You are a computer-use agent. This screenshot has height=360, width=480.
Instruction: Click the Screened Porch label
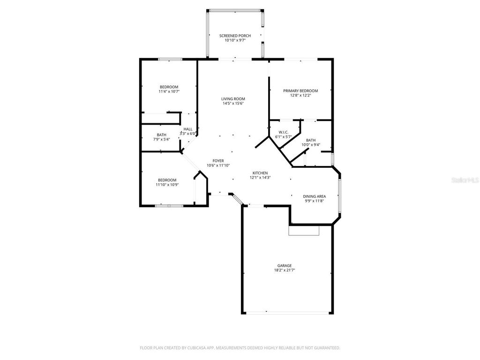pyautogui.click(x=235, y=36)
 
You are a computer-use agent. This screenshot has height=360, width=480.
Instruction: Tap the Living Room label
pyautogui.click(x=233, y=99)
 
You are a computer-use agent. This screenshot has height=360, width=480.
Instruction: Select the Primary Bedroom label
pyautogui.click(x=300, y=91)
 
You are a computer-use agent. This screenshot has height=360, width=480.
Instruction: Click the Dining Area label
pyautogui.click(x=314, y=196)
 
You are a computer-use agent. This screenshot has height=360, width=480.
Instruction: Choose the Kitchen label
pyautogui.click(x=260, y=173)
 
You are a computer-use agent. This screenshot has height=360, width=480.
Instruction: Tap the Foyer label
pyautogui.click(x=218, y=161)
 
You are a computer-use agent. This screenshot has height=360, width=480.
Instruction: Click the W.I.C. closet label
pyautogui.click(x=283, y=132)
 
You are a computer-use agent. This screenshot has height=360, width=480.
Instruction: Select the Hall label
pyautogui.click(x=188, y=129)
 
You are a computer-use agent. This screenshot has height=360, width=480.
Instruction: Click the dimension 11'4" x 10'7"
pyautogui.click(x=169, y=91)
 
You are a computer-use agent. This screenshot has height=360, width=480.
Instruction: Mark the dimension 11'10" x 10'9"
pyautogui.click(x=167, y=185)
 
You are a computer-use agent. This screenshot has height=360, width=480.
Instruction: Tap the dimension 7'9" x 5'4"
pyautogui.click(x=161, y=139)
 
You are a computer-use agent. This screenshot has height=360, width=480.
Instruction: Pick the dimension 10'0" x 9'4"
pyautogui.click(x=310, y=145)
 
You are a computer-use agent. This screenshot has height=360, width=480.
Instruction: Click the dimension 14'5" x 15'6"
pyautogui.click(x=233, y=104)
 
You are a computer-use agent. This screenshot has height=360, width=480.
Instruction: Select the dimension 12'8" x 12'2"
pyautogui.click(x=300, y=96)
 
